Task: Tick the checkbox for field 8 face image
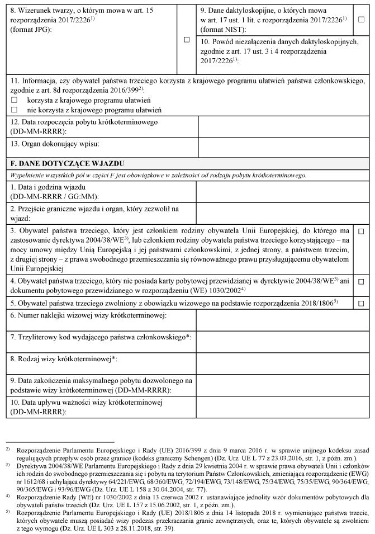187,40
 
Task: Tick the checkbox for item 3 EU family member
361,231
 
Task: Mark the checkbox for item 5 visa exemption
361,303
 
